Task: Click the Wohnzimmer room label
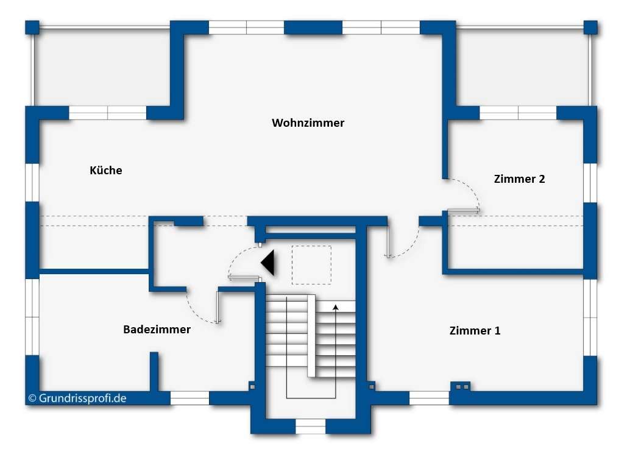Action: [x=308, y=123]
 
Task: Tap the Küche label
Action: [x=105, y=171]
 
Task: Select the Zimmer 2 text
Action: [x=519, y=179]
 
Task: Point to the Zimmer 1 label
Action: [x=475, y=331]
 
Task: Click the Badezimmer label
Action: [x=157, y=330]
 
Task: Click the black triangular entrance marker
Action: [x=269, y=263]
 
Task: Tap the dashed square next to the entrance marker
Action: [x=311, y=264]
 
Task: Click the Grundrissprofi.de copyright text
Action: [x=77, y=399]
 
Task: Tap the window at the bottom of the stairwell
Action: [x=311, y=426]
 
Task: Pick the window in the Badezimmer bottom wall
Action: [x=190, y=398]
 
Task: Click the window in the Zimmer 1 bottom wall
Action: [x=429, y=398]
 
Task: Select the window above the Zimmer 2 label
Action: [x=518, y=113]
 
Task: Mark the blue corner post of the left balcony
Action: [x=32, y=27]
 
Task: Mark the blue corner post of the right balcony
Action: [x=590, y=27]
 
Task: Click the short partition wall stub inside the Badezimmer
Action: [x=154, y=370]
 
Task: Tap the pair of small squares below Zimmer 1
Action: [x=461, y=386]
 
